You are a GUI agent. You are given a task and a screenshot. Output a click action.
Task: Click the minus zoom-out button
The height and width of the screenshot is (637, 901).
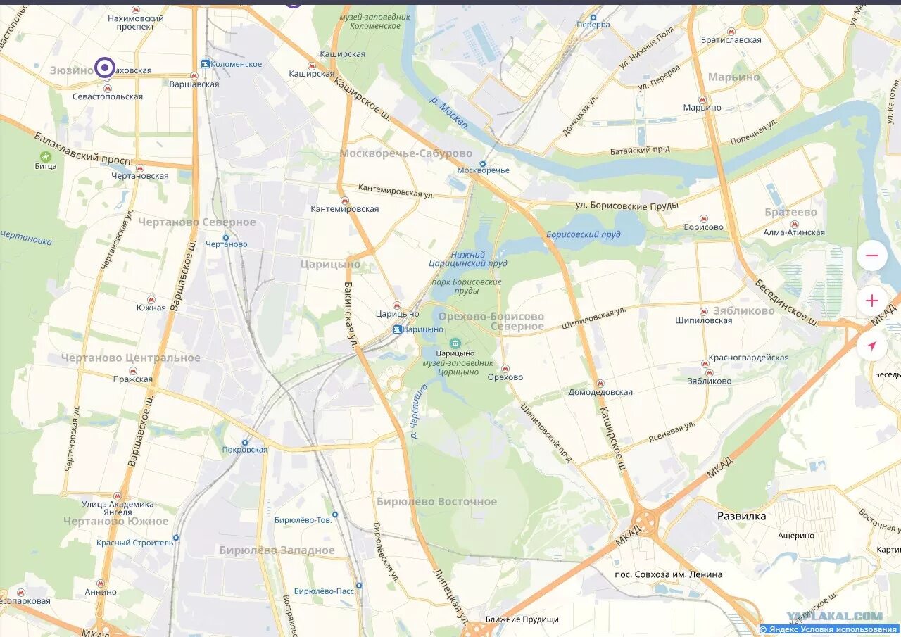pyautogui.click(x=871, y=256)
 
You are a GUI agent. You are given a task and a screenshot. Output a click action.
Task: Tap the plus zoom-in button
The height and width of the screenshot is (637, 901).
pyautogui.click(x=871, y=301)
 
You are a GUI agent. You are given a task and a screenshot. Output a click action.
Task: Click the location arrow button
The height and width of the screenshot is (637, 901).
pyautogui.click(x=871, y=346)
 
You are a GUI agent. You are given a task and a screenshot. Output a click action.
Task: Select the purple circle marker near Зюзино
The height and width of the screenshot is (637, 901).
pyautogui.click(x=105, y=68)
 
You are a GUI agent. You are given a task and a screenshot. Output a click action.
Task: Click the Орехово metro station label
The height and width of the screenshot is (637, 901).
pyautogui.click(x=505, y=377)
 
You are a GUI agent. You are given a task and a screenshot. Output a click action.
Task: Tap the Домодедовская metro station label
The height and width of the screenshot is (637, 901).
pyautogui.click(x=600, y=392)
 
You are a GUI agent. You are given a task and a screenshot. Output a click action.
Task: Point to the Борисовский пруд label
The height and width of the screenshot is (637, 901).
pyautogui.click(x=583, y=234)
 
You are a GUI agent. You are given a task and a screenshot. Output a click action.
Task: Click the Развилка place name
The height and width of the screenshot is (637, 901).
pyautogui.click(x=741, y=516)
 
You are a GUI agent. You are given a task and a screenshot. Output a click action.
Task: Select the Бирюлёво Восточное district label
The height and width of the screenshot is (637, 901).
pyautogui.click(x=436, y=502)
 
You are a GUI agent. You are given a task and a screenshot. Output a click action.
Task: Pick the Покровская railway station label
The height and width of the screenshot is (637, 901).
pyautogui.click(x=244, y=450)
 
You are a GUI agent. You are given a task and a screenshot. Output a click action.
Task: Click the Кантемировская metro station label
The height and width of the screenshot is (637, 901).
pyautogui.click(x=344, y=209)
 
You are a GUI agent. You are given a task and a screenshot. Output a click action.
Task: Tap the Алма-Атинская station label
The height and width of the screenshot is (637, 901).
pyautogui.click(x=793, y=233)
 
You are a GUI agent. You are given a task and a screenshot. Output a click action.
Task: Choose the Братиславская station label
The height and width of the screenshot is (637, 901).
pyautogui.click(x=731, y=40)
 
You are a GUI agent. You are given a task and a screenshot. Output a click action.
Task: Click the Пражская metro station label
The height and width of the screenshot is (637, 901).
pyautogui.click(x=132, y=379)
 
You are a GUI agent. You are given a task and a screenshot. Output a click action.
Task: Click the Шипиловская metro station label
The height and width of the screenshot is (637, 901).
pyautogui.click(x=703, y=320)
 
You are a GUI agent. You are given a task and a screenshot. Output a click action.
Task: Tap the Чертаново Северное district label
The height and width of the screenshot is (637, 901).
pyautogui.click(x=196, y=222)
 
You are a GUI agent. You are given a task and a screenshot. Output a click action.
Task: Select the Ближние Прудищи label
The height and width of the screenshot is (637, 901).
pyautogui.click(x=522, y=619)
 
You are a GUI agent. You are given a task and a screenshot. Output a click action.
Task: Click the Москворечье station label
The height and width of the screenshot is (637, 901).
pyautogui.click(x=483, y=170)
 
